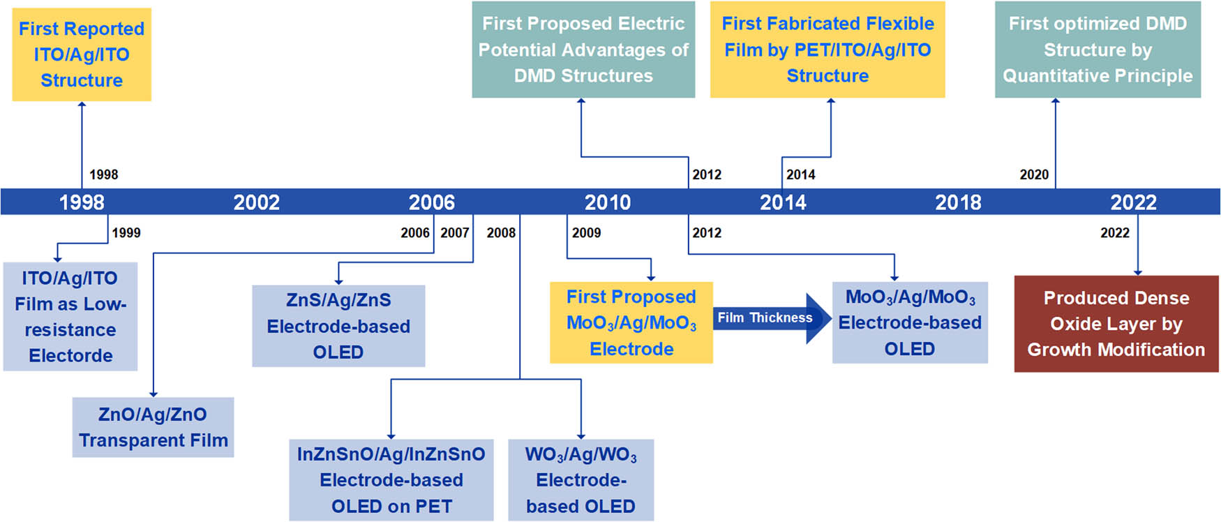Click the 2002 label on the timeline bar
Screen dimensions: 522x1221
pyautogui.click(x=256, y=202)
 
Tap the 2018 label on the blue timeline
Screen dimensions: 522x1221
pyautogui.click(x=958, y=202)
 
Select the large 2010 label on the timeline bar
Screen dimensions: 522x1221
pyautogui.click(x=607, y=202)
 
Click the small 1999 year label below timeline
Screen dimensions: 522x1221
pyautogui.click(x=126, y=233)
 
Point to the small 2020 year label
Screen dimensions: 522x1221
pyautogui.click(x=1033, y=175)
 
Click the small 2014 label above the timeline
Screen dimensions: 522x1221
pyautogui.click(x=800, y=175)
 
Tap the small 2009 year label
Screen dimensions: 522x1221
pyautogui.click(x=586, y=233)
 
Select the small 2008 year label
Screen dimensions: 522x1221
pyautogui.click(x=501, y=233)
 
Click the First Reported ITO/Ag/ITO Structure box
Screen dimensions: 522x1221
pyautogui.click(x=82, y=54)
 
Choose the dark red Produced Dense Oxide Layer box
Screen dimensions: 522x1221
pyautogui.click(x=1116, y=324)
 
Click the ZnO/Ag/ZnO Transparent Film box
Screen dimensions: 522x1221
pyautogui.click(x=153, y=427)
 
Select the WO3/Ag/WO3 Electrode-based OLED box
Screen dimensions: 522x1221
pyautogui.click(x=580, y=480)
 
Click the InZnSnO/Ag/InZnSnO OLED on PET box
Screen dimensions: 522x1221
pyautogui.click(x=391, y=480)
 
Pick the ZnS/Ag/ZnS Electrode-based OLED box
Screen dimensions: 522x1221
pyautogui.click(x=338, y=326)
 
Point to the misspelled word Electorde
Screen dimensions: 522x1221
pyautogui.click(x=70, y=356)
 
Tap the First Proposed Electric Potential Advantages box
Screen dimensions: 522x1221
pyautogui.click(x=583, y=50)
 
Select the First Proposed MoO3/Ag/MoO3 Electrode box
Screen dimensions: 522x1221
pyautogui.click(x=631, y=322)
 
